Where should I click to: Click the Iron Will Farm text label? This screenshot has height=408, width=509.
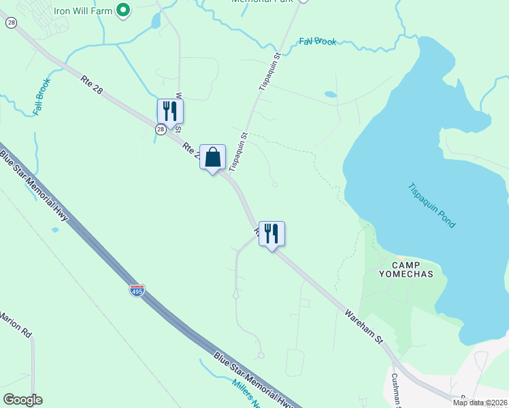coord(83,10)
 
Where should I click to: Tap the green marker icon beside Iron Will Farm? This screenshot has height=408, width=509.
coord(123,10)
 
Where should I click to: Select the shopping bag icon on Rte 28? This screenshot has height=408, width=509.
coord(212,158)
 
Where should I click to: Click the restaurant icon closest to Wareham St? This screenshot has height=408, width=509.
coord(272,234)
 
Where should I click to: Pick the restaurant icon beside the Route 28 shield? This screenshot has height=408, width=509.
coord(170,112)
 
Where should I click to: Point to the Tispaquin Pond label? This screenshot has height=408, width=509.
coord(431,205)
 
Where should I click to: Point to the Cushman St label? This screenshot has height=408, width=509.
coord(394,388)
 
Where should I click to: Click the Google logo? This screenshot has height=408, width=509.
coord(23,399)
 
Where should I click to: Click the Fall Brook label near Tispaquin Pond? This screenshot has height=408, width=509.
coord(318,41)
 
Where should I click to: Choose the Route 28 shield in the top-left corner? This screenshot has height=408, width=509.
coord(11,22)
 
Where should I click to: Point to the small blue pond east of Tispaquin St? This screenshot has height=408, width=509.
coord(330,95)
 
